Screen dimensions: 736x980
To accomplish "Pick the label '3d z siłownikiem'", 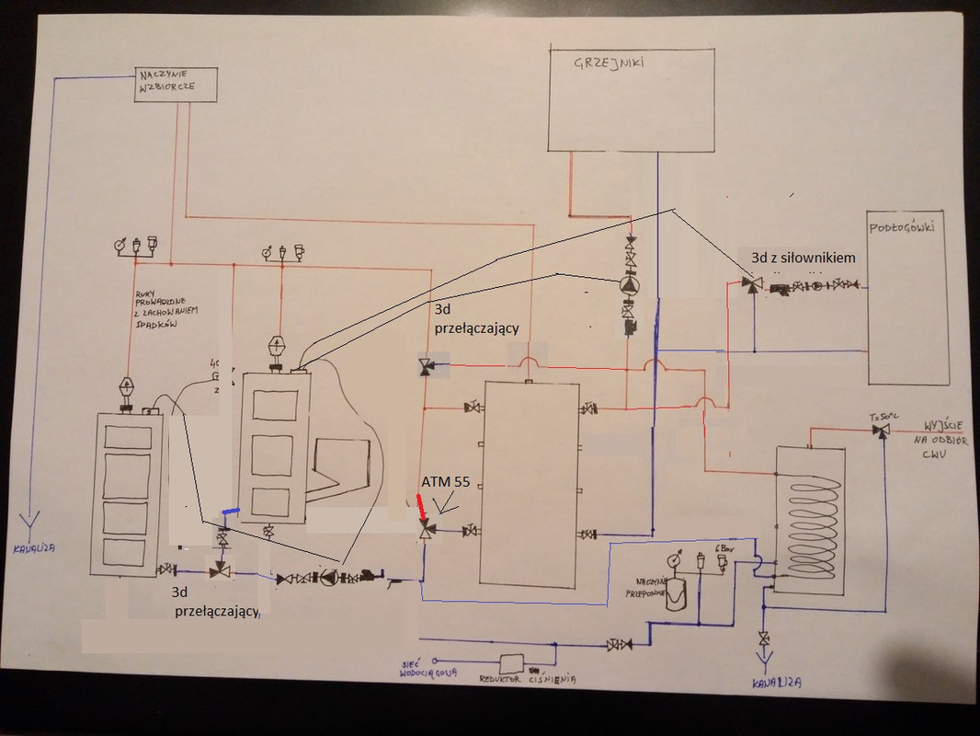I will click(x=803, y=259).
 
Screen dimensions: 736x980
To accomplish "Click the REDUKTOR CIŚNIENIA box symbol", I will click(x=507, y=661).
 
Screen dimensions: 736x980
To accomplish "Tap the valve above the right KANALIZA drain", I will click(x=764, y=638).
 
